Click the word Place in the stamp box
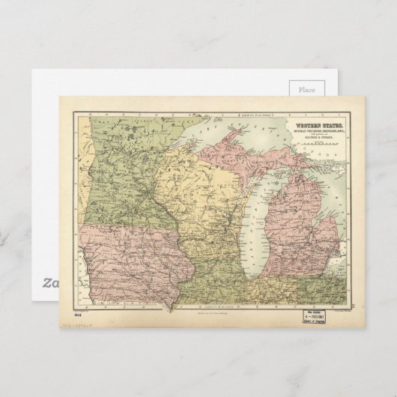[307, 89]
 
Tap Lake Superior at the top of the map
[225, 135]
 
